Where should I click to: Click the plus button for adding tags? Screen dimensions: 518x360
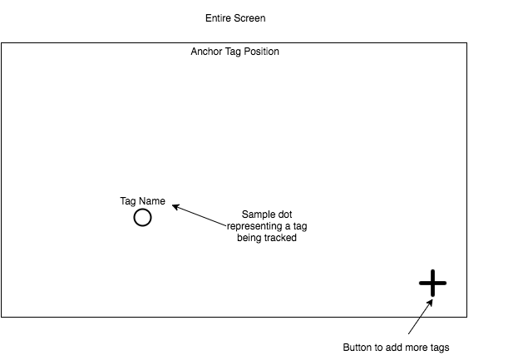(x=432, y=284)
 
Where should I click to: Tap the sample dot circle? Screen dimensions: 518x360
(x=142, y=218)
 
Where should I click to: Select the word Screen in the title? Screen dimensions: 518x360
(x=250, y=17)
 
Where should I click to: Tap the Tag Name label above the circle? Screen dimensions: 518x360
(x=142, y=201)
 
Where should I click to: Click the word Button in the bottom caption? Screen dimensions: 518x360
(x=358, y=347)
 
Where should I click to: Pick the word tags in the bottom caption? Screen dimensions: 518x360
(x=443, y=347)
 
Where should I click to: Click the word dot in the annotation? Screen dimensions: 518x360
(x=283, y=213)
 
